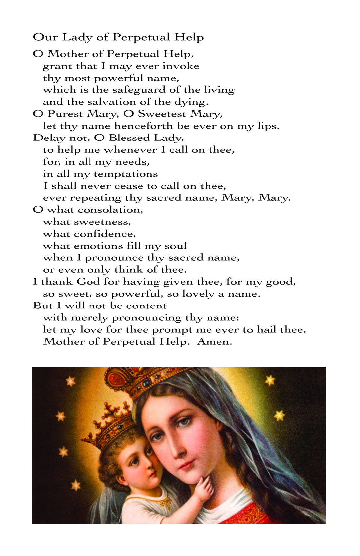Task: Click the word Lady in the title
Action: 77,37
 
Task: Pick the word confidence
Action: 104,234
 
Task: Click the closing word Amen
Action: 214,342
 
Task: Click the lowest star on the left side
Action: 76,485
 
